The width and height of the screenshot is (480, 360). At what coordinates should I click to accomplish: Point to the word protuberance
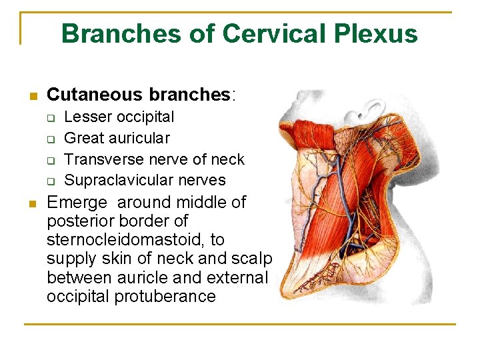165,296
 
